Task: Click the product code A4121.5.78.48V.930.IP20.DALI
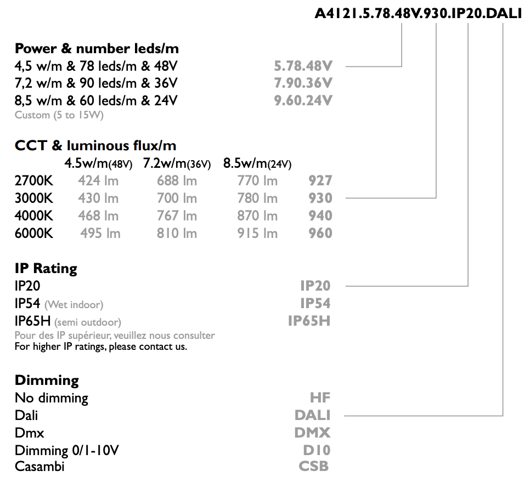[x=418, y=14]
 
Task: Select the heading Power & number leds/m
[x=97, y=49]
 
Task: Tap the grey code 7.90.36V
[x=303, y=83]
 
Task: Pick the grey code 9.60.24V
[x=303, y=101]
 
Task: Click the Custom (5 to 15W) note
[x=59, y=115]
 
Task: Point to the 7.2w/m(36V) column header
[x=177, y=163]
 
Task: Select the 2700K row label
[x=34, y=181]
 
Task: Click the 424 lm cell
[x=98, y=181]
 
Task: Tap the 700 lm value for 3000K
[x=177, y=198]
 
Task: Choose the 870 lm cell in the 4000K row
[x=257, y=216]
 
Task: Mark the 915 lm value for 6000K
[x=257, y=234]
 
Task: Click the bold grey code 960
[x=320, y=234]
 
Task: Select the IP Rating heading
[x=46, y=269]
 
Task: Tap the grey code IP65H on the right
[x=309, y=321]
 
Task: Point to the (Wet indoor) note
[x=74, y=305]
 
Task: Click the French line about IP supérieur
[x=115, y=336]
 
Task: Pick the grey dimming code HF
[x=320, y=398]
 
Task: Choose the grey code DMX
[x=312, y=433]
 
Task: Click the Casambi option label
[x=40, y=467]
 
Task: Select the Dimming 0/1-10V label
[x=67, y=451]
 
